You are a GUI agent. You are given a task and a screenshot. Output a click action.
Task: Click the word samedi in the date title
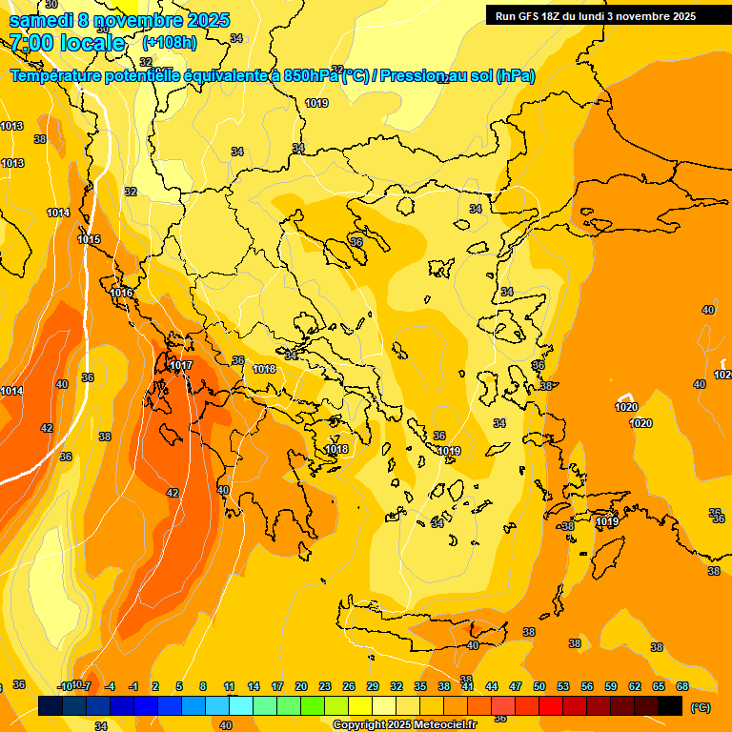(41, 19)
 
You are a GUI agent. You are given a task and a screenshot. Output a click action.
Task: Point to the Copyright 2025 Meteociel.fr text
(404, 724)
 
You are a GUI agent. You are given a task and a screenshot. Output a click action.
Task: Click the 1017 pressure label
(182, 366)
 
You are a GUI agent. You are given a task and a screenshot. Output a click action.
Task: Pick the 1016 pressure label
(121, 293)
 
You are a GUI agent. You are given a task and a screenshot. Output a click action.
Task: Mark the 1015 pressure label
(89, 239)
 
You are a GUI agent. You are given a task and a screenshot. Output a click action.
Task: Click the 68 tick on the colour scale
(682, 686)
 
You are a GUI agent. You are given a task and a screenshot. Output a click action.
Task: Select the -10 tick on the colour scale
(65, 686)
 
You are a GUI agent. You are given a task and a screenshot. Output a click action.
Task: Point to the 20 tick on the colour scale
(301, 686)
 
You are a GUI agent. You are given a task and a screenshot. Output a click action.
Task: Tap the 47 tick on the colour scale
(516, 686)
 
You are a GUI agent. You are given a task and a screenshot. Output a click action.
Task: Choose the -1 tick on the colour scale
(133, 686)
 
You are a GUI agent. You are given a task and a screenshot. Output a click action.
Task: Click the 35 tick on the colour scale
(420, 686)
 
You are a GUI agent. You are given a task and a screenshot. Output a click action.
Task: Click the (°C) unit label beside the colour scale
(701, 707)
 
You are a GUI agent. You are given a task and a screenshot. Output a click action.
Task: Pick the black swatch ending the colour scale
(670, 705)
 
